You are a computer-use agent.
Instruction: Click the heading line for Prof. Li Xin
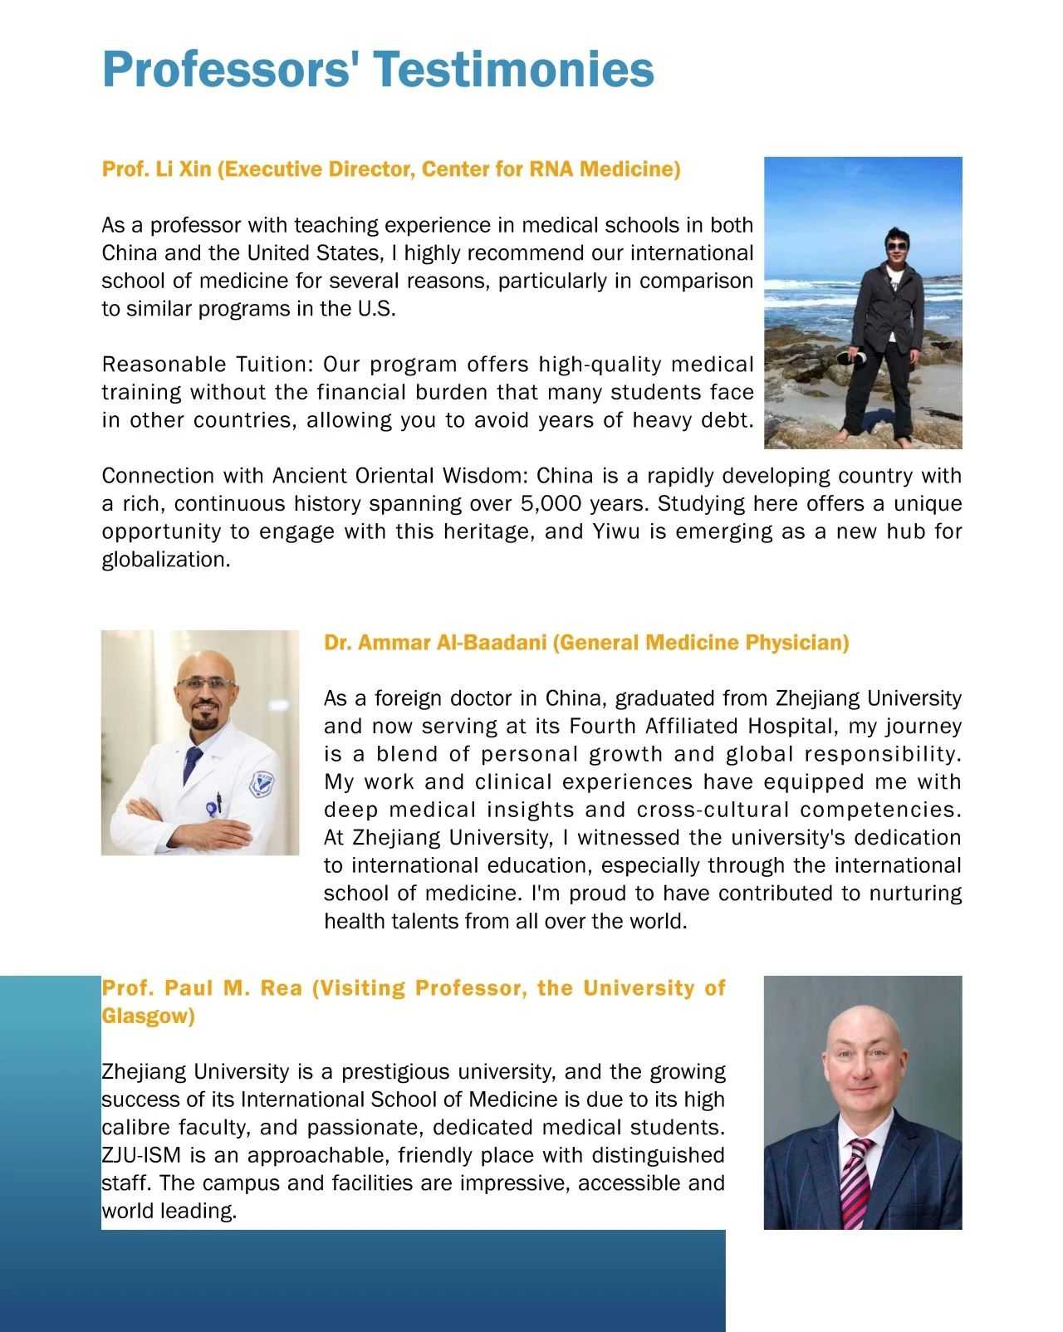pos(390,169)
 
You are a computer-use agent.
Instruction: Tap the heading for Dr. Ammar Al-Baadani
pos(586,643)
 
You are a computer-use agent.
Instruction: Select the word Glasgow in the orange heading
pos(148,1016)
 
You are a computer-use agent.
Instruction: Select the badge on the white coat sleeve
pos(263,785)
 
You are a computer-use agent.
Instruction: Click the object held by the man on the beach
pos(853,358)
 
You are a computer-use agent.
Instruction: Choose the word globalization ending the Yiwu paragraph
pos(165,560)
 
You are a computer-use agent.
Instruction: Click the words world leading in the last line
pos(169,1211)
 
